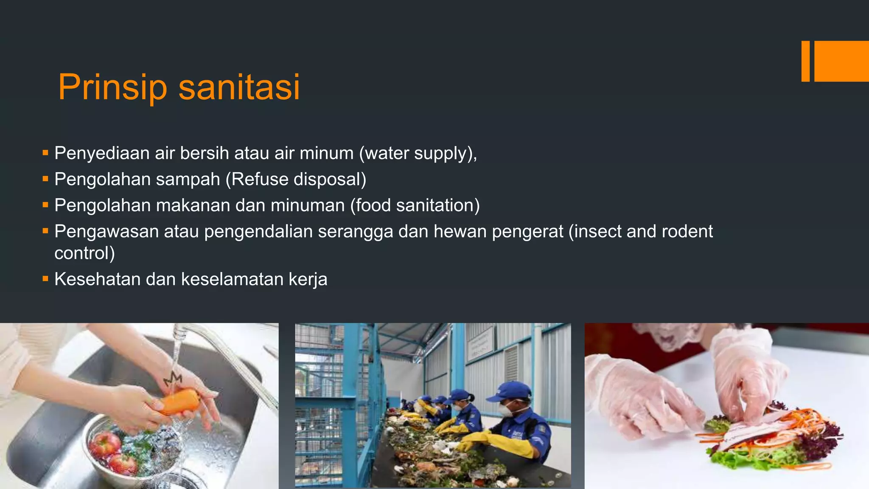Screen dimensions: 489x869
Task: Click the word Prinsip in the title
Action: [x=113, y=87]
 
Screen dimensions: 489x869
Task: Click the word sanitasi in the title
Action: [x=239, y=87]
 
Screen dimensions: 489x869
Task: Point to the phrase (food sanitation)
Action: [x=415, y=205]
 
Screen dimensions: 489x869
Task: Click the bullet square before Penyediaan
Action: [x=45, y=152]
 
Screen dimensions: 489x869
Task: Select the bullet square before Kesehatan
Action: [x=45, y=278]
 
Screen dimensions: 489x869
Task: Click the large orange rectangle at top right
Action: [x=841, y=61]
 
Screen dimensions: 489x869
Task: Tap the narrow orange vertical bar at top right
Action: [x=805, y=61]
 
